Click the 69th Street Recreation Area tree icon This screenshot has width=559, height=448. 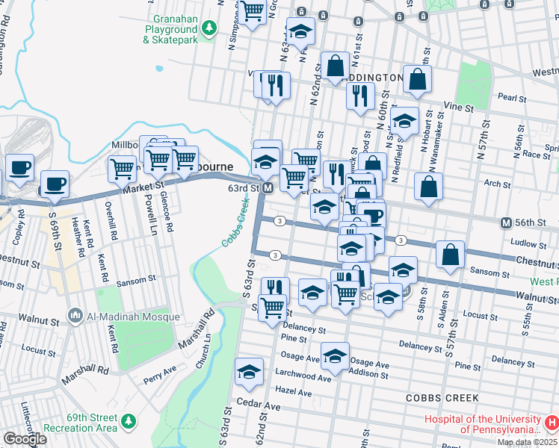129,422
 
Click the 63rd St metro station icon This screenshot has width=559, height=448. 267,188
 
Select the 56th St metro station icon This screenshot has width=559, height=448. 506,223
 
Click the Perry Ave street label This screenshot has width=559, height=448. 159,370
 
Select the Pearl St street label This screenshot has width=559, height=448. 512,98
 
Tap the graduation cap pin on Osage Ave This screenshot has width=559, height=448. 336,356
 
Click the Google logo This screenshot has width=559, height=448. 25,439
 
